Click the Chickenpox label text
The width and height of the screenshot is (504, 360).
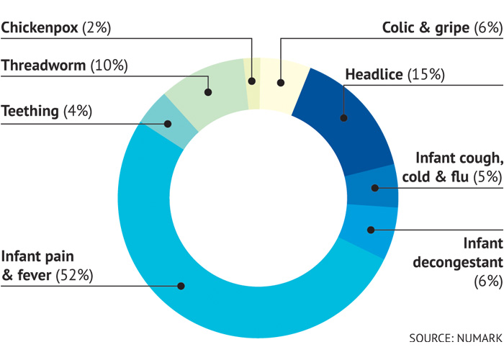pos(41,28)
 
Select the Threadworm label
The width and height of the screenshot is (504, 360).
pos(44,66)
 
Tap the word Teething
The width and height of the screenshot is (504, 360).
pos(30,111)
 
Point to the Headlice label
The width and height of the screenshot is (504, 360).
pos(374,74)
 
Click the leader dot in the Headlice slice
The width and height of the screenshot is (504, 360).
pos(344,117)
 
